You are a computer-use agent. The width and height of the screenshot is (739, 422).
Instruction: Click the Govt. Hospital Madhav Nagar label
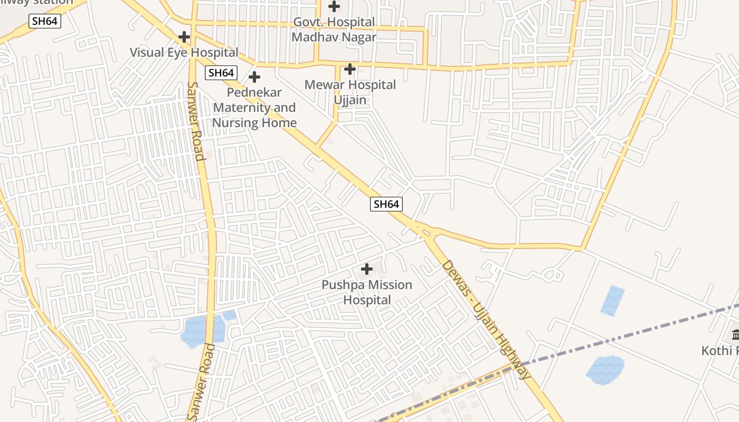334,30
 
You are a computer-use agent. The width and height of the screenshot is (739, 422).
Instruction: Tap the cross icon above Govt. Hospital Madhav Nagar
334,7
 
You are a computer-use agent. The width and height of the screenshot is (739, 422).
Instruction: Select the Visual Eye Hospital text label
184,52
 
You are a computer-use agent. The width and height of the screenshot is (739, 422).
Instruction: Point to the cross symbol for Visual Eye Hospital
184,37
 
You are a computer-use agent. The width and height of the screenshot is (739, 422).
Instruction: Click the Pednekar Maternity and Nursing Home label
254,108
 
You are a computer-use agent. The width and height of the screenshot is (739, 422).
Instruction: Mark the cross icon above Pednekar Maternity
254,77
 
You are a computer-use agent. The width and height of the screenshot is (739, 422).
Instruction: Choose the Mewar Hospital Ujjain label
350,92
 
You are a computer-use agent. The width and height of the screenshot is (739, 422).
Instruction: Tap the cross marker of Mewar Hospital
350,69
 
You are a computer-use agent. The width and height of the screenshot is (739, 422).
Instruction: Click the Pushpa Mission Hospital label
367,292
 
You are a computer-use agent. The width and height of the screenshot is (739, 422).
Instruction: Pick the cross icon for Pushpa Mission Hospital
366,270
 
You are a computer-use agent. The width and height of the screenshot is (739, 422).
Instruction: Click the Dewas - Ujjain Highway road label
486,319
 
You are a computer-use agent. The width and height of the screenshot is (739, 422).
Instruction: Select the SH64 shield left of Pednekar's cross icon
221,73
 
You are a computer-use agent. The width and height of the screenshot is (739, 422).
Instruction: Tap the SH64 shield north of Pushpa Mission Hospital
386,204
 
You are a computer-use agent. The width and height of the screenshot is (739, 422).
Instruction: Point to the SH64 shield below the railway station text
45,21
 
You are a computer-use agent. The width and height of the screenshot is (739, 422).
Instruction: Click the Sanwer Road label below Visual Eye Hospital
195,121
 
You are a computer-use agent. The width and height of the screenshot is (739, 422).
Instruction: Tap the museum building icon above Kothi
735,334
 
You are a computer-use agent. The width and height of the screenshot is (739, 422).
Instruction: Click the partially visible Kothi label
720,351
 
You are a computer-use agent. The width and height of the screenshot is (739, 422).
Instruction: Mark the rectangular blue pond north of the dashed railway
613,300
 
